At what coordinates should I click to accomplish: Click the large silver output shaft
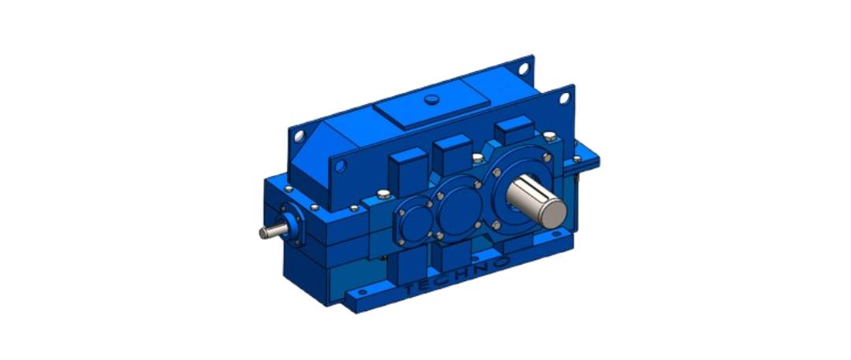point(537,201)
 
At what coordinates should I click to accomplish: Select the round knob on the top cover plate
point(432,99)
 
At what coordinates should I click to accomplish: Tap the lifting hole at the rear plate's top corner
point(523,69)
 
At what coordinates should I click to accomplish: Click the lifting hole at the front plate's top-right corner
point(564,98)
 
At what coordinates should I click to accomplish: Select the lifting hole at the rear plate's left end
point(299,135)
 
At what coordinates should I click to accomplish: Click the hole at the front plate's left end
point(340,165)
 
